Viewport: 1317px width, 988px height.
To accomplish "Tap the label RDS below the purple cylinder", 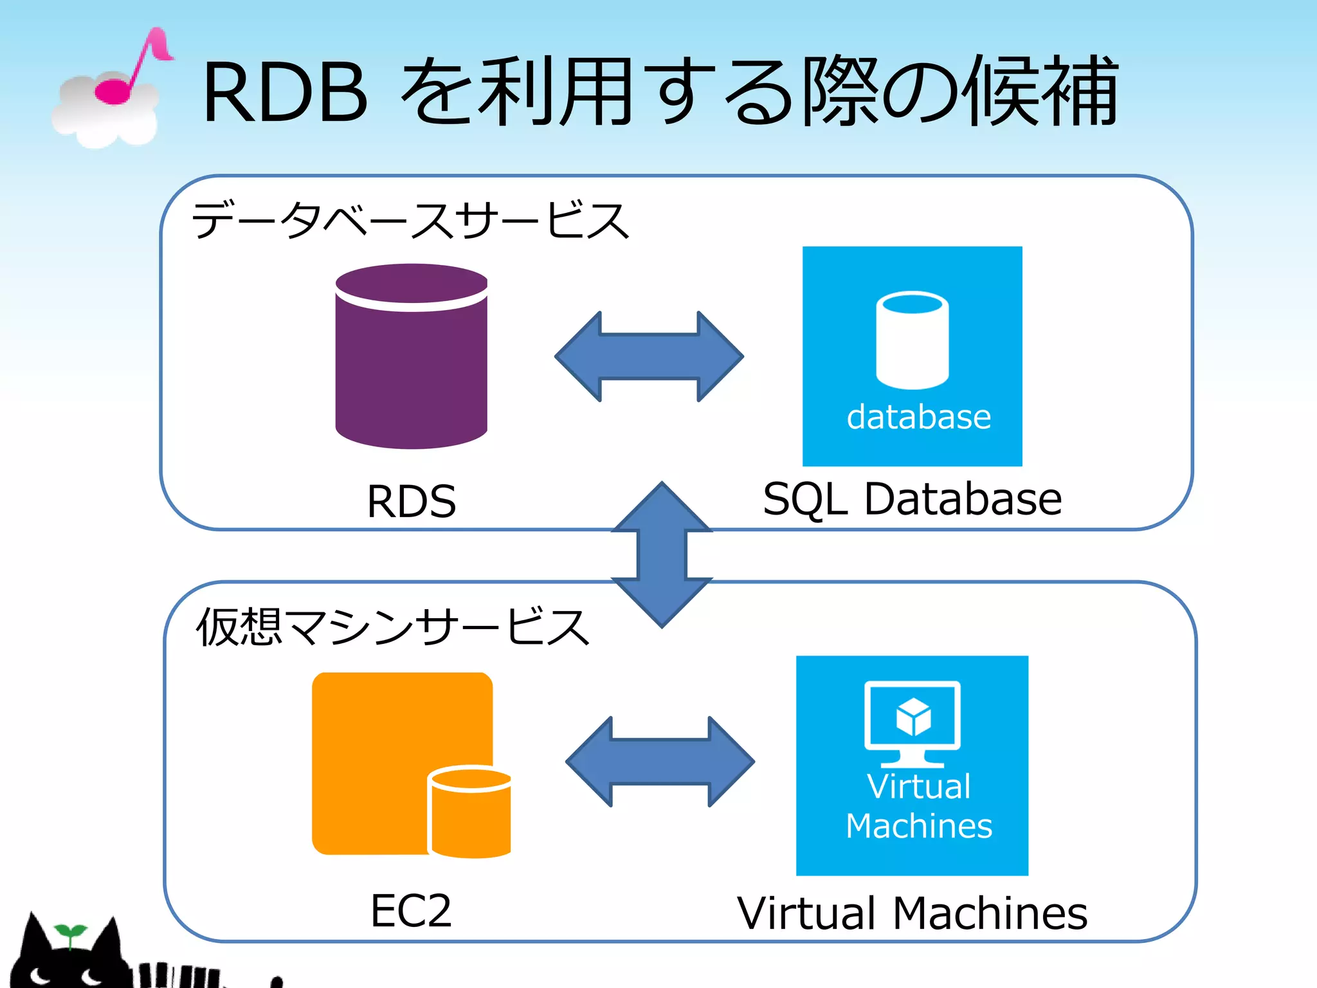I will [412, 501].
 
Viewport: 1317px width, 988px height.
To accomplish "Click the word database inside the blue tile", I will [918, 417].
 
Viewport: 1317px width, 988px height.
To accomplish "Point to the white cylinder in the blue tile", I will [912, 341].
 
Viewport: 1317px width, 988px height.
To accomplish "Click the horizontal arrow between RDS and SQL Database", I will [649, 357].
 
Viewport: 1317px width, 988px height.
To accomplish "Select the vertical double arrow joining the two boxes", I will [662, 554].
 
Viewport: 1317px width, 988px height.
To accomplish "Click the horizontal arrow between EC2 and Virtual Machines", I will [660, 762].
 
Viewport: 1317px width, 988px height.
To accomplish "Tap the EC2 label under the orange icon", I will [411, 911].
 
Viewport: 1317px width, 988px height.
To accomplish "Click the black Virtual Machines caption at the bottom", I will [912, 913].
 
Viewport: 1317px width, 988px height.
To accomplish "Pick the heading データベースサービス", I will [410, 220].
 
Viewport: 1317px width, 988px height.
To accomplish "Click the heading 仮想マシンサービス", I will [392, 627].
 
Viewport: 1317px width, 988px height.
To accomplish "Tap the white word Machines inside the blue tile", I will [918, 826].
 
